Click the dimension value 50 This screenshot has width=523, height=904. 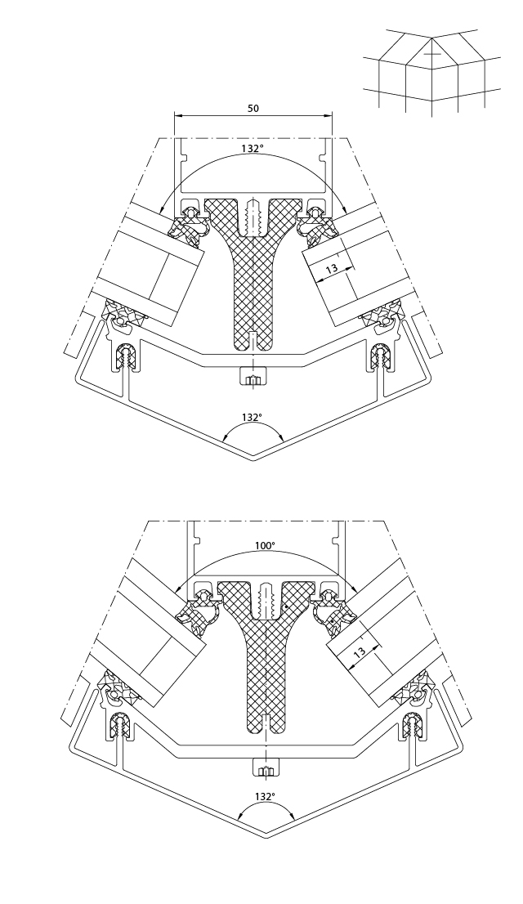[x=253, y=108]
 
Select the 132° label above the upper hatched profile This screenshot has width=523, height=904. [x=253, y=149]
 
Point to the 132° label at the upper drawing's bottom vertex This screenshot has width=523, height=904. [x=253, y=417]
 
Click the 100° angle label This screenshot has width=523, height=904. [x=265, y=545]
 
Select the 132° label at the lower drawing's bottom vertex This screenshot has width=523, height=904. [x=265, y=795]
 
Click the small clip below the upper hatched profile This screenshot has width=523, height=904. [x=253, y=378]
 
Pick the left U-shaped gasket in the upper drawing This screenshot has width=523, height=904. [x=127, y=356]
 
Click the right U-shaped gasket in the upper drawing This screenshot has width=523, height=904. [x=381, y=356]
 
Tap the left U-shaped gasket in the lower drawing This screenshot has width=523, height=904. [x=121, y=723]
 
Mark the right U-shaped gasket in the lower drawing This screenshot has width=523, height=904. [x=412, y=723]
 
